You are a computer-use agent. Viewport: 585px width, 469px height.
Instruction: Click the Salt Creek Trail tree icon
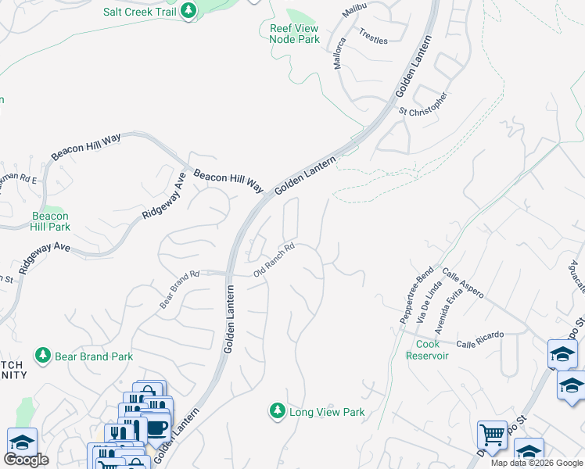(188, 11)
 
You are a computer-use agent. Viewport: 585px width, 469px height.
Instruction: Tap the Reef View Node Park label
(295, 34)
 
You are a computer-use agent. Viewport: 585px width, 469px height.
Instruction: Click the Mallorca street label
(339, 54)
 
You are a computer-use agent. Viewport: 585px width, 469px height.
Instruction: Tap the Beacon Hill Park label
(51, 221)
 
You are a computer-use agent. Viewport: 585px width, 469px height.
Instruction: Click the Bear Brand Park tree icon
(44, 356)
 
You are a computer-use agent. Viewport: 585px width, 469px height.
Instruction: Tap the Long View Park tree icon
(277, 411)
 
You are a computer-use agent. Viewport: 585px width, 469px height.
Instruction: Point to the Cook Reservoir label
(427, 349)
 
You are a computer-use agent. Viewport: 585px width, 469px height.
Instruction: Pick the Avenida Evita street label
(449, 313)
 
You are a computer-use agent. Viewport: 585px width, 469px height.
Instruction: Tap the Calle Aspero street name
(463, 285)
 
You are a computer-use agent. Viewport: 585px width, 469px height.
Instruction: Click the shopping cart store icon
(491, 434)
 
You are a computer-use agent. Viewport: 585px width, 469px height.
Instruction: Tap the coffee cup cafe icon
(156, 428)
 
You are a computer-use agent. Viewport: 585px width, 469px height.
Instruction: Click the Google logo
(27, 460)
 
